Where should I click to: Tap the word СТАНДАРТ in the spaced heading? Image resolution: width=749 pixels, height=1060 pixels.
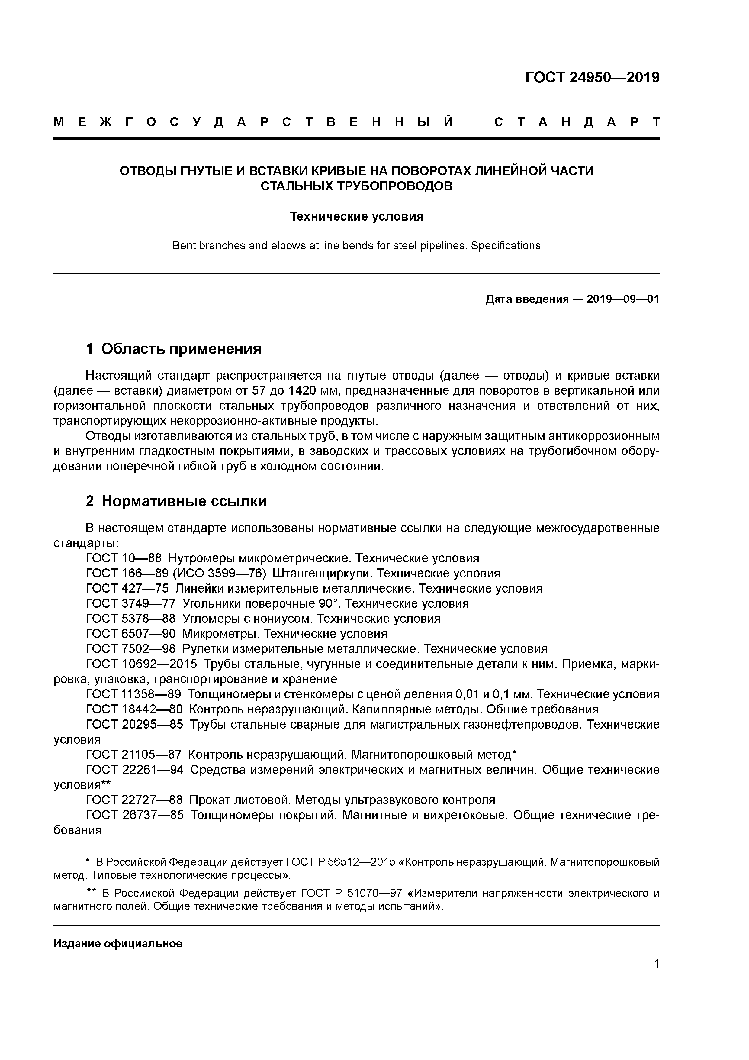tap(577, 122)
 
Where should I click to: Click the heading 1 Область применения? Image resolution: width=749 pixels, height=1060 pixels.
tap(174, 349)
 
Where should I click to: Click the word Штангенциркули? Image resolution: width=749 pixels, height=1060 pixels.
tap(323, 574)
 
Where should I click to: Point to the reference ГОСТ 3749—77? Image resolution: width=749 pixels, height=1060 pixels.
tap(130, 603)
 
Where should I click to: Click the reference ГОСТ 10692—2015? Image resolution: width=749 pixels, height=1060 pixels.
tap(141, 664)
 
